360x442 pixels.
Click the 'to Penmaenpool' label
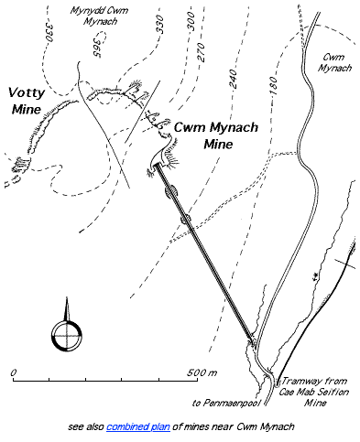(221, 401)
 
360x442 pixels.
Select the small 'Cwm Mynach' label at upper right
(336, 62)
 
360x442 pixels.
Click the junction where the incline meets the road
(254, 342)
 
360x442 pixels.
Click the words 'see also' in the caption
(88, 426)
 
